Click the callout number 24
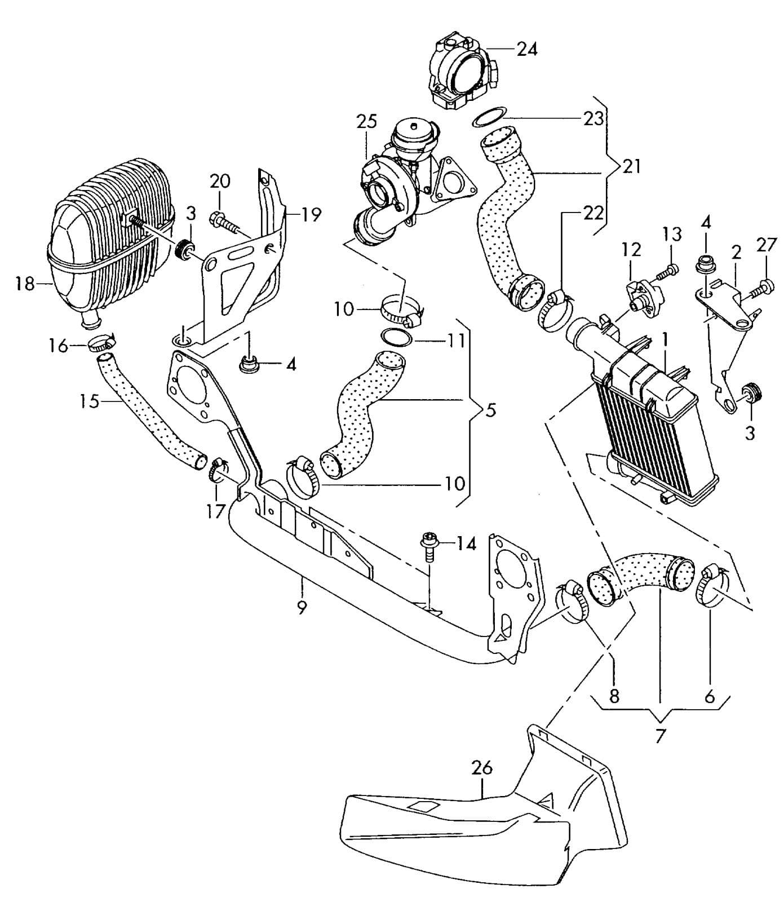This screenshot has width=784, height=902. (527, 49)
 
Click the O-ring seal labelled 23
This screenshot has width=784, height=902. (488, 119)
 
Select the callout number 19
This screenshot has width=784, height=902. (312, 215)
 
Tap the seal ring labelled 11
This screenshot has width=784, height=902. (397, 337)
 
